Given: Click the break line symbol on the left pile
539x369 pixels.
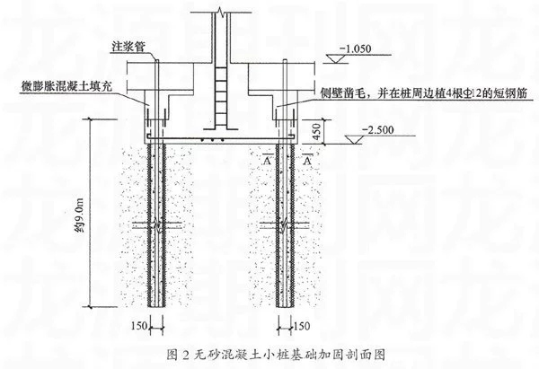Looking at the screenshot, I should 158,226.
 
